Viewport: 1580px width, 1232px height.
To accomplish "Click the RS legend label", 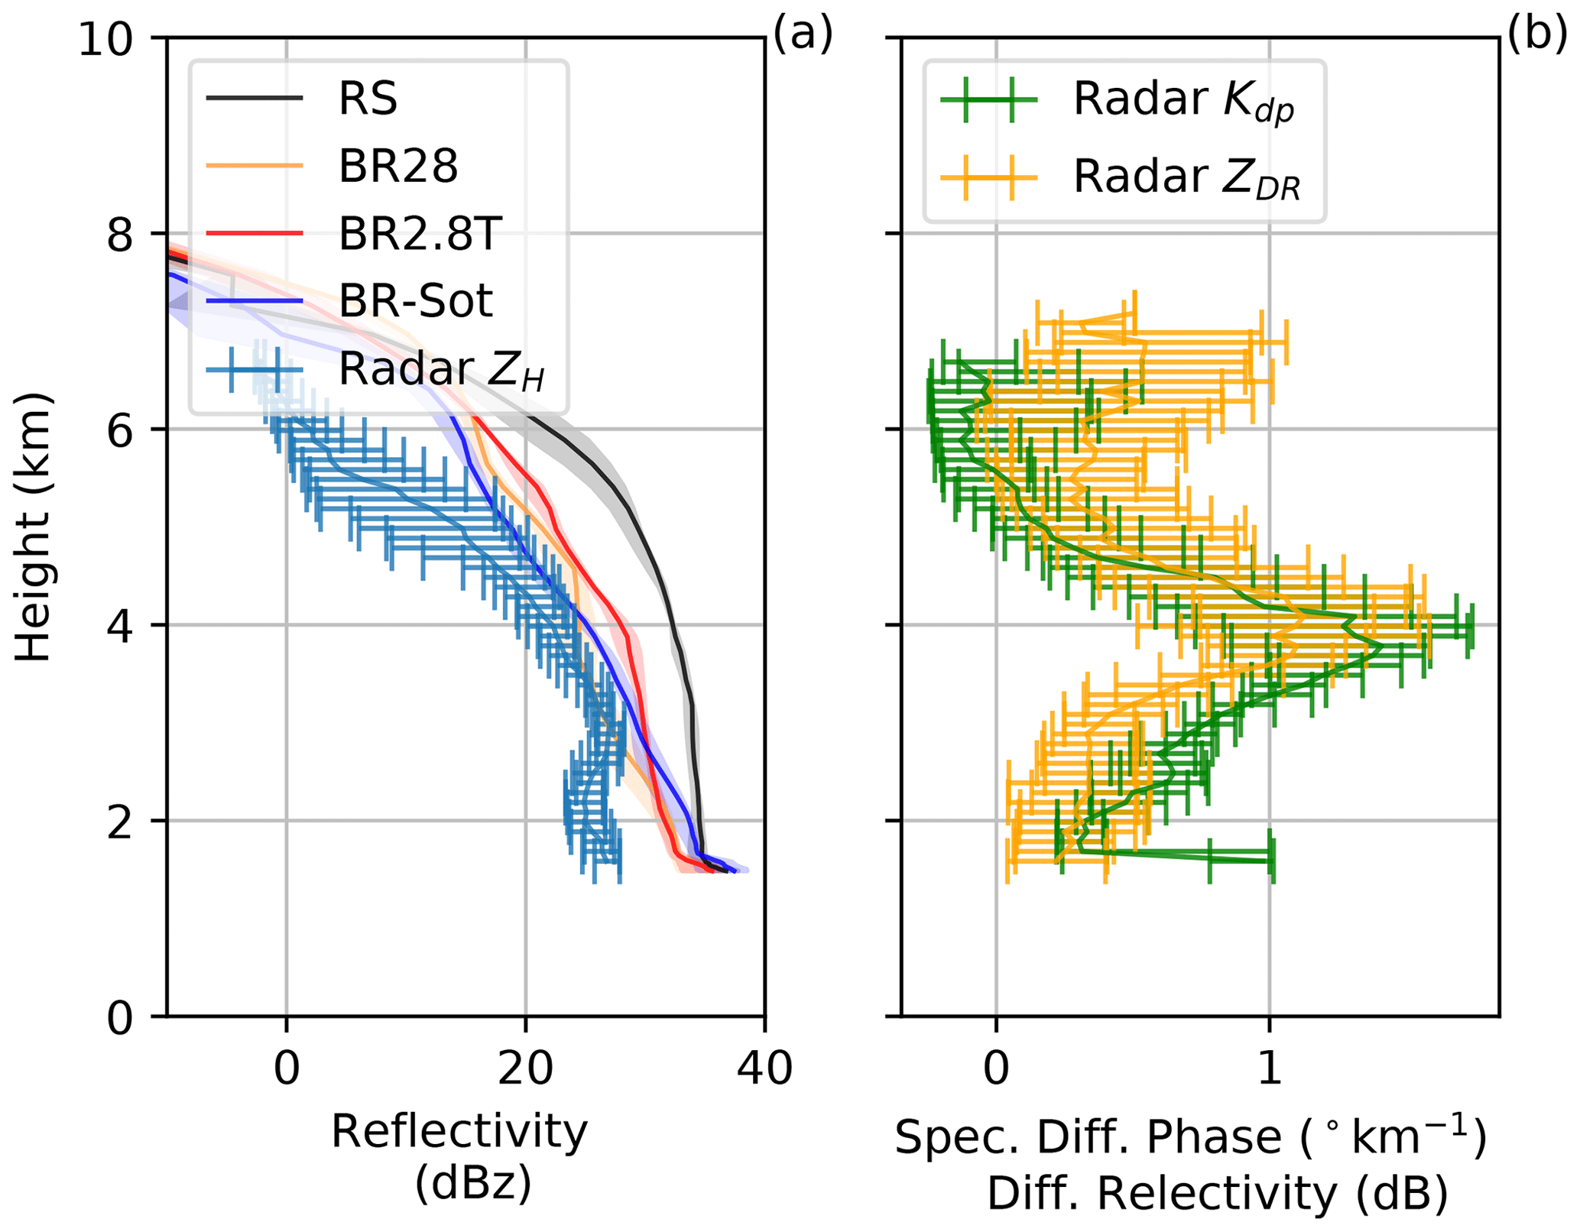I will (x=368, y=99).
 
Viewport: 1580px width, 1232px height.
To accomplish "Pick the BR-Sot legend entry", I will (x=415, y=300).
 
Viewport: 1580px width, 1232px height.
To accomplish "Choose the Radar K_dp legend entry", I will (x=1183, y=100).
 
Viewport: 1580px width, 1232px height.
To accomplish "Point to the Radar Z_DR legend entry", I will (x=1186, y=177).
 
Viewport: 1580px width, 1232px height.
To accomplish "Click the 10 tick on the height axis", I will (x=114, y=38).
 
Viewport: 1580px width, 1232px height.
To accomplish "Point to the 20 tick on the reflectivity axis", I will (x=524, y=1068).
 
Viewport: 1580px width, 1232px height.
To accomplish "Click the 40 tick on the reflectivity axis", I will (x=764, y=1068).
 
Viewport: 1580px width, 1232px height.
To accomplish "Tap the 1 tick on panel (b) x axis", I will (x=1269, y=1068).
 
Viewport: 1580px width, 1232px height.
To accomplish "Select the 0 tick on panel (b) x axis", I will (x=996, y=1068).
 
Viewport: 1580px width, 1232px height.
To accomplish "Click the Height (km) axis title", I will (x=34, y=527).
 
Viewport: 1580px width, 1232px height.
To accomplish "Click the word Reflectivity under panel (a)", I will (x=459, y=1132).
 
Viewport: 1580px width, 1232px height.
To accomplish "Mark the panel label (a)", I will (x=803, y=35).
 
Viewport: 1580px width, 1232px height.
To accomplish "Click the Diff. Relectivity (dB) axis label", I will (x=1217, y=1194).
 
